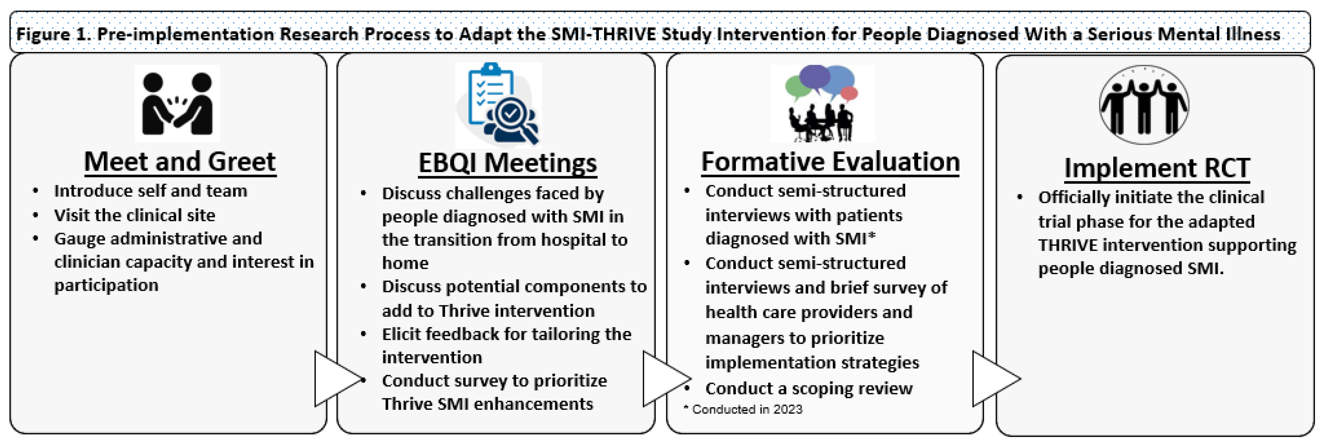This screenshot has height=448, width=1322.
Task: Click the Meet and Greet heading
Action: pos(180,162)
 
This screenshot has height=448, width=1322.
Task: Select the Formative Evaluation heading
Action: pos(830,162)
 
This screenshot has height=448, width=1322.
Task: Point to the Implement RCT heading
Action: pos(1157,168)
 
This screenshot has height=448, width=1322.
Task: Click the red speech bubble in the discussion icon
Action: pos(849,93)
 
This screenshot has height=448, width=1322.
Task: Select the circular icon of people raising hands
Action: pos(1144,105)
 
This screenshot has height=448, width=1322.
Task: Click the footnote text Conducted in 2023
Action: pos(747,409)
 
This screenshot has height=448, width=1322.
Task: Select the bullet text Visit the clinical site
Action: pos(134,215)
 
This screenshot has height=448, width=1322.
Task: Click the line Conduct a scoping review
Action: pos(808,388)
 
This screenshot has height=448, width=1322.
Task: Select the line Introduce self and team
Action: pos(150,191)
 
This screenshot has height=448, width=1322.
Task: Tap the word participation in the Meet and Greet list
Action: pos(106,285)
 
